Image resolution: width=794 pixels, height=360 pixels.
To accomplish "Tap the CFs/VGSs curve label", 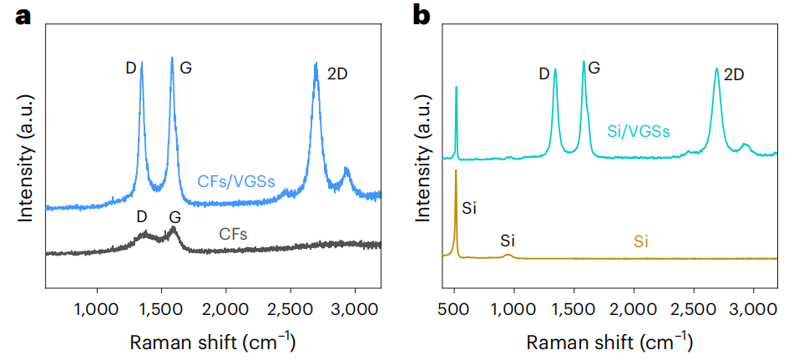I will [236, 180].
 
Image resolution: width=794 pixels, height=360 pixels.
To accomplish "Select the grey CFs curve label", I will [233, 234].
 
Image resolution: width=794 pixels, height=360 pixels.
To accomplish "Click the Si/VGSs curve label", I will [639, 130].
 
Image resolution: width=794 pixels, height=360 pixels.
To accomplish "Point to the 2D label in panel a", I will [337, 74].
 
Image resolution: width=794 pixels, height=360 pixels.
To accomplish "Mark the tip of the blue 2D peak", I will [316, 63].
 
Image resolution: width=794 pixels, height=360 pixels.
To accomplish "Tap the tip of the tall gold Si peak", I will [456, 170].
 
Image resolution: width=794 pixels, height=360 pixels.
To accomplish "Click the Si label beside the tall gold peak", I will [469, 208].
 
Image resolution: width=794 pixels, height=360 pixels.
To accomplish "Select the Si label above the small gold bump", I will [508, 241].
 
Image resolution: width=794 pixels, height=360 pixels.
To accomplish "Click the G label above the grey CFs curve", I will [174, 217].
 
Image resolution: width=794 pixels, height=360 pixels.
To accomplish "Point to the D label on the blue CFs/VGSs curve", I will [131, 68].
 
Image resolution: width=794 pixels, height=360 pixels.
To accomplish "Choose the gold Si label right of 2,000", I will [641, 242].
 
